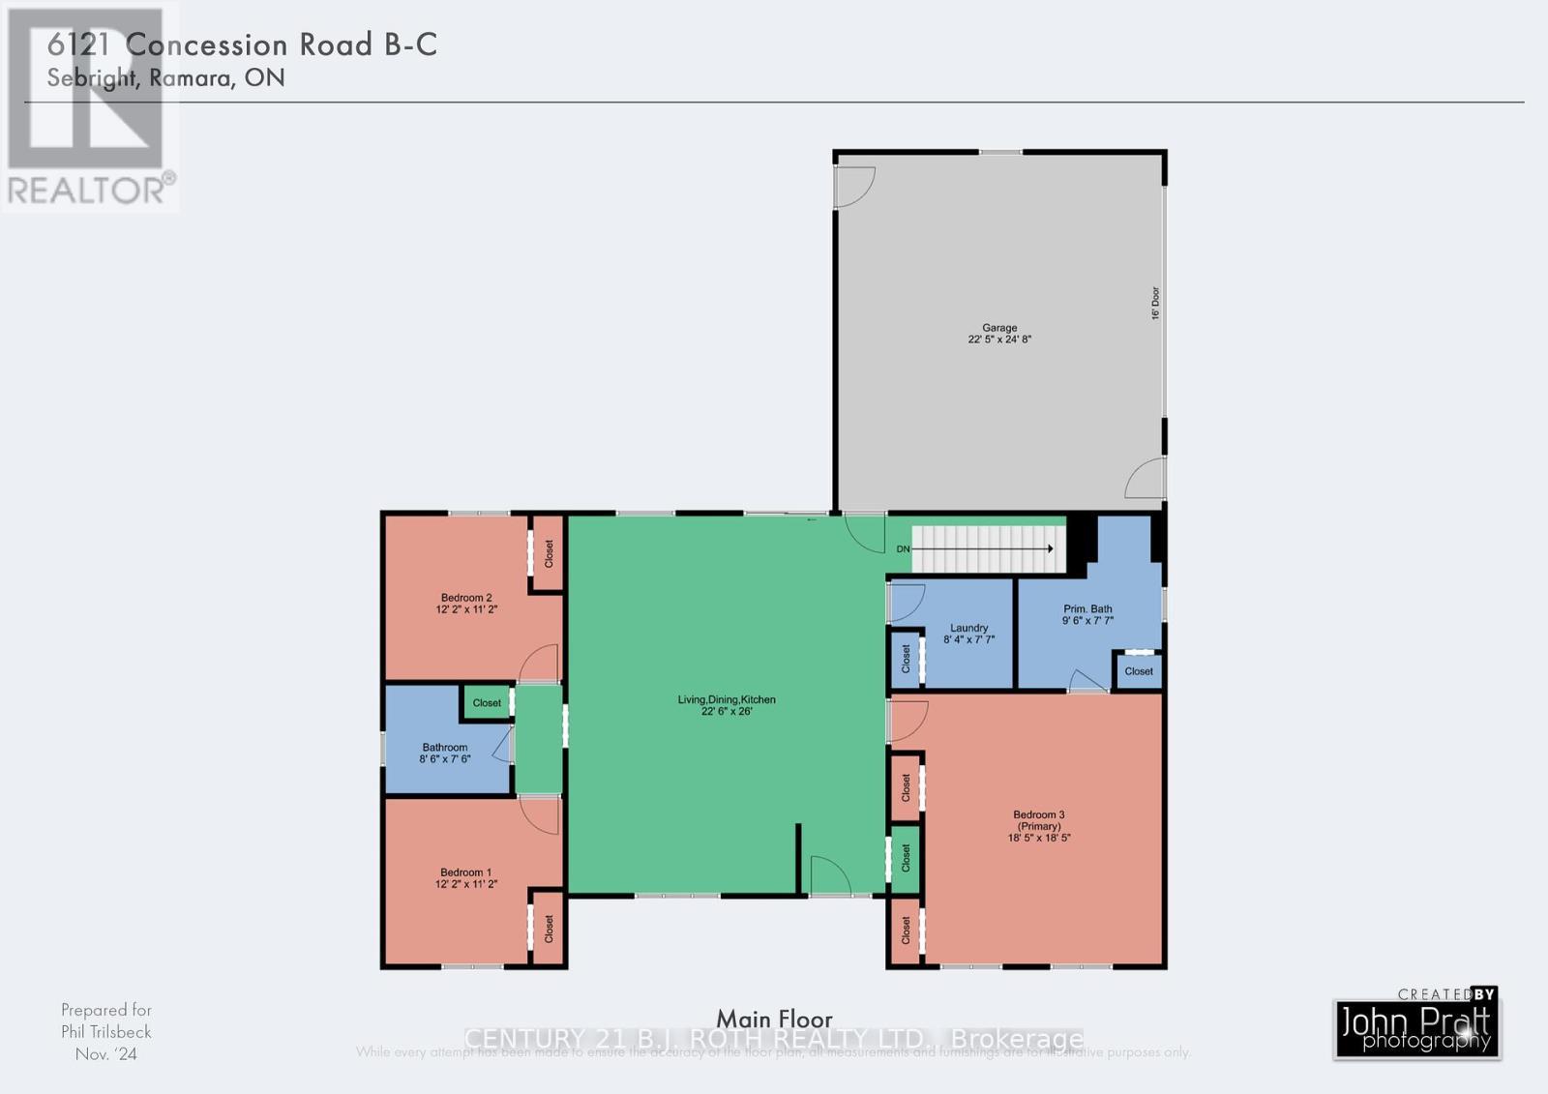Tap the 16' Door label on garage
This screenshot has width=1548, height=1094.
pyautogui.click(x=1155, y=303)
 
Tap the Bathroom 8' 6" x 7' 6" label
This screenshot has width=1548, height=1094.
pyautogui.click(x=445, y=753)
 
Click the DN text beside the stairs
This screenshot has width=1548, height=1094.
pyautogui.click(x=903, y=549)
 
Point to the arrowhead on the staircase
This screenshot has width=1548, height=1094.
pyautogui.click(x=1050, y=548)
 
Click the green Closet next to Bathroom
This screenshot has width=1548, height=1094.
pyautogui.click(x=487, y=703)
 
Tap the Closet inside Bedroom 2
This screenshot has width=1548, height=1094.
pyautogui.click(x=549, y=553)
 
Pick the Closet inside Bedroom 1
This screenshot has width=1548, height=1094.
pyautogui.click(x=549, y=929)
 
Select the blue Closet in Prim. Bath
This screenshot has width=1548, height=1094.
pyautogui.click(x=1139, y=671)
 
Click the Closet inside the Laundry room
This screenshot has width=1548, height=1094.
pyautogui.click(x=907, y=659)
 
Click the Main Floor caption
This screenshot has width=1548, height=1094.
pyautogui.click(x=774, y=1019)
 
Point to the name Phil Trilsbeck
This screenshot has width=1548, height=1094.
pyautogui.click(x=106, y=1032)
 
